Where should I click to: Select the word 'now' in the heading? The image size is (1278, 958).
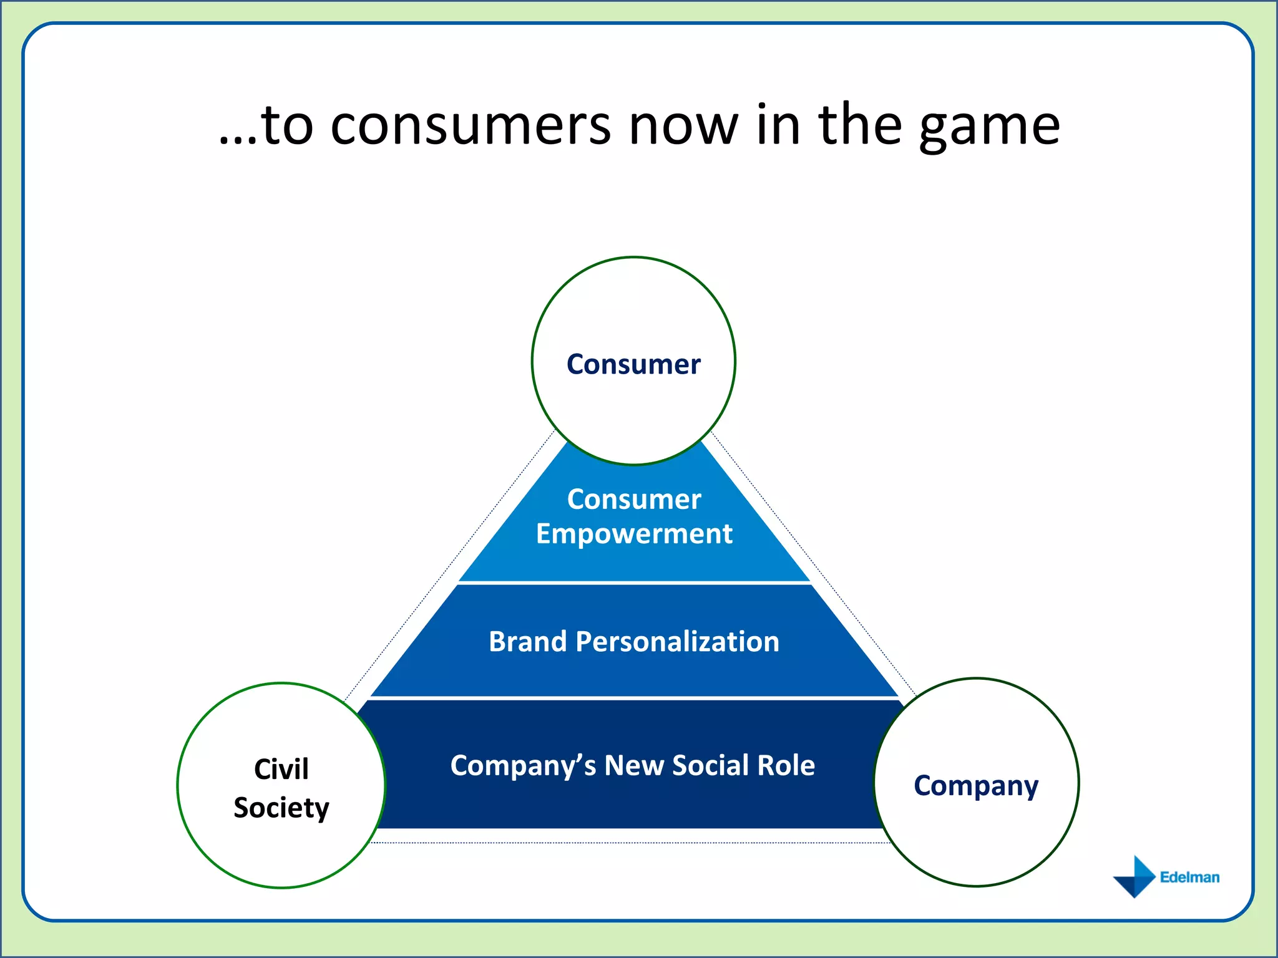(x=683, y=127)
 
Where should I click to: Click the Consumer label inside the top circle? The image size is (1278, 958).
(x=633, y=364)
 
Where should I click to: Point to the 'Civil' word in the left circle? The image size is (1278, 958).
(x=281, y=769)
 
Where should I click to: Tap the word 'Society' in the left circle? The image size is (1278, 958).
(x=281, y=808)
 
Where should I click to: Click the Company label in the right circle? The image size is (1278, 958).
(x=976, y=786)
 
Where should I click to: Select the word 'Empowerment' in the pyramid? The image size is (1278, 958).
(x=634, y=534)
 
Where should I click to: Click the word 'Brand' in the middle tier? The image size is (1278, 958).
(x=527, y=642)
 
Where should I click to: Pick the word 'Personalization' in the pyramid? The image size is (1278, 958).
(x=677, y=642)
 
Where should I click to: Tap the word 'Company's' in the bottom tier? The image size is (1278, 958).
(x=523, y=766)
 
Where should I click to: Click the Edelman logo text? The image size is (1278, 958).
(x=1189, y=878)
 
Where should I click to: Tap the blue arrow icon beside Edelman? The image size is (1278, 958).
(x=1136, y=876)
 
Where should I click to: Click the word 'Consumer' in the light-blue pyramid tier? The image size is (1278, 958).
(x=634, y=500)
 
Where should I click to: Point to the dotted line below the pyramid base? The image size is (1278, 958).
(x=630, y=843)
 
